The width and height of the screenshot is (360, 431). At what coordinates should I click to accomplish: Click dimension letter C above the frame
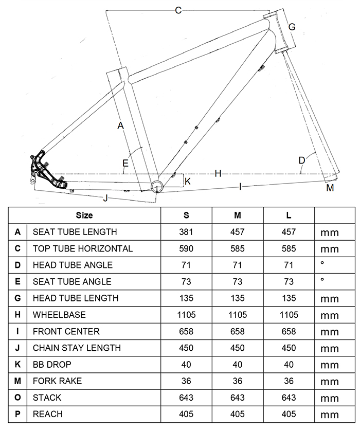pyautogui.click(x=178, y=10)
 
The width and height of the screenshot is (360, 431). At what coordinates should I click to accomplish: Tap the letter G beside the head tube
pyautogui.click(x=292, y=27)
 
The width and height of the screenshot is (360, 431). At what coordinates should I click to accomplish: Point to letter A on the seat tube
pyautogui.click(x=120, y=125)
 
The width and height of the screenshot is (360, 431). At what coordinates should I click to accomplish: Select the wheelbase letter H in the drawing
pyautogui.click(x=218, y=174)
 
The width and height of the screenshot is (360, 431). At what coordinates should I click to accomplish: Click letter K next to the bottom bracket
pyautogui.click(x=187, y=181)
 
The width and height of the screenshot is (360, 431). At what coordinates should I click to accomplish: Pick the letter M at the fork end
pyautogui.click(x=330, y=188)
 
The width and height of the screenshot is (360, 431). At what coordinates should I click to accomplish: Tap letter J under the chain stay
pyautogui.click(x=105, y=197)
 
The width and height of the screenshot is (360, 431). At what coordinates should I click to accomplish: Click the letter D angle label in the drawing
pyautogui.click(x=302, y=160)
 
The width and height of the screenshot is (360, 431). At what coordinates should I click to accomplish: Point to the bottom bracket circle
pyautogui.click(x=156, y=185)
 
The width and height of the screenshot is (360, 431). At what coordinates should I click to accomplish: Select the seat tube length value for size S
pyautogui.click(x=186, y=232)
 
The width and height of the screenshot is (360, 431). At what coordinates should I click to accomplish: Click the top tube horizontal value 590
pyautogui.click(x=186, y=248)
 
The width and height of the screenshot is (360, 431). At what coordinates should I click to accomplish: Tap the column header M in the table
pyautogui.click(x=238, y=215)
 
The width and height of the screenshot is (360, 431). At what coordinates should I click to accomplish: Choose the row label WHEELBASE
pyautogui.click(x=59, y=314)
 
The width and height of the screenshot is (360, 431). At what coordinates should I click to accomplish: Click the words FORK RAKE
pyautogui.click(x=57, y=381)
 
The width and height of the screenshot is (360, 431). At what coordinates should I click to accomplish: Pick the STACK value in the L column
pyautogui.click(x=289, y=398)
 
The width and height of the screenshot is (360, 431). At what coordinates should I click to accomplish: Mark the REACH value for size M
pyautogui.click(x=238, y=414)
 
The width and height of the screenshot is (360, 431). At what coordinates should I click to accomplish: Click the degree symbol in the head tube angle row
pyautogui.click(x=322, y=264)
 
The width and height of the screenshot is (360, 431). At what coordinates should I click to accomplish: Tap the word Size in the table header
pyautogui.click(x=84, y=215)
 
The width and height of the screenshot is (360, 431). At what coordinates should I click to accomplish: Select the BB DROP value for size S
pyautogui.click(x=186, y=364)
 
